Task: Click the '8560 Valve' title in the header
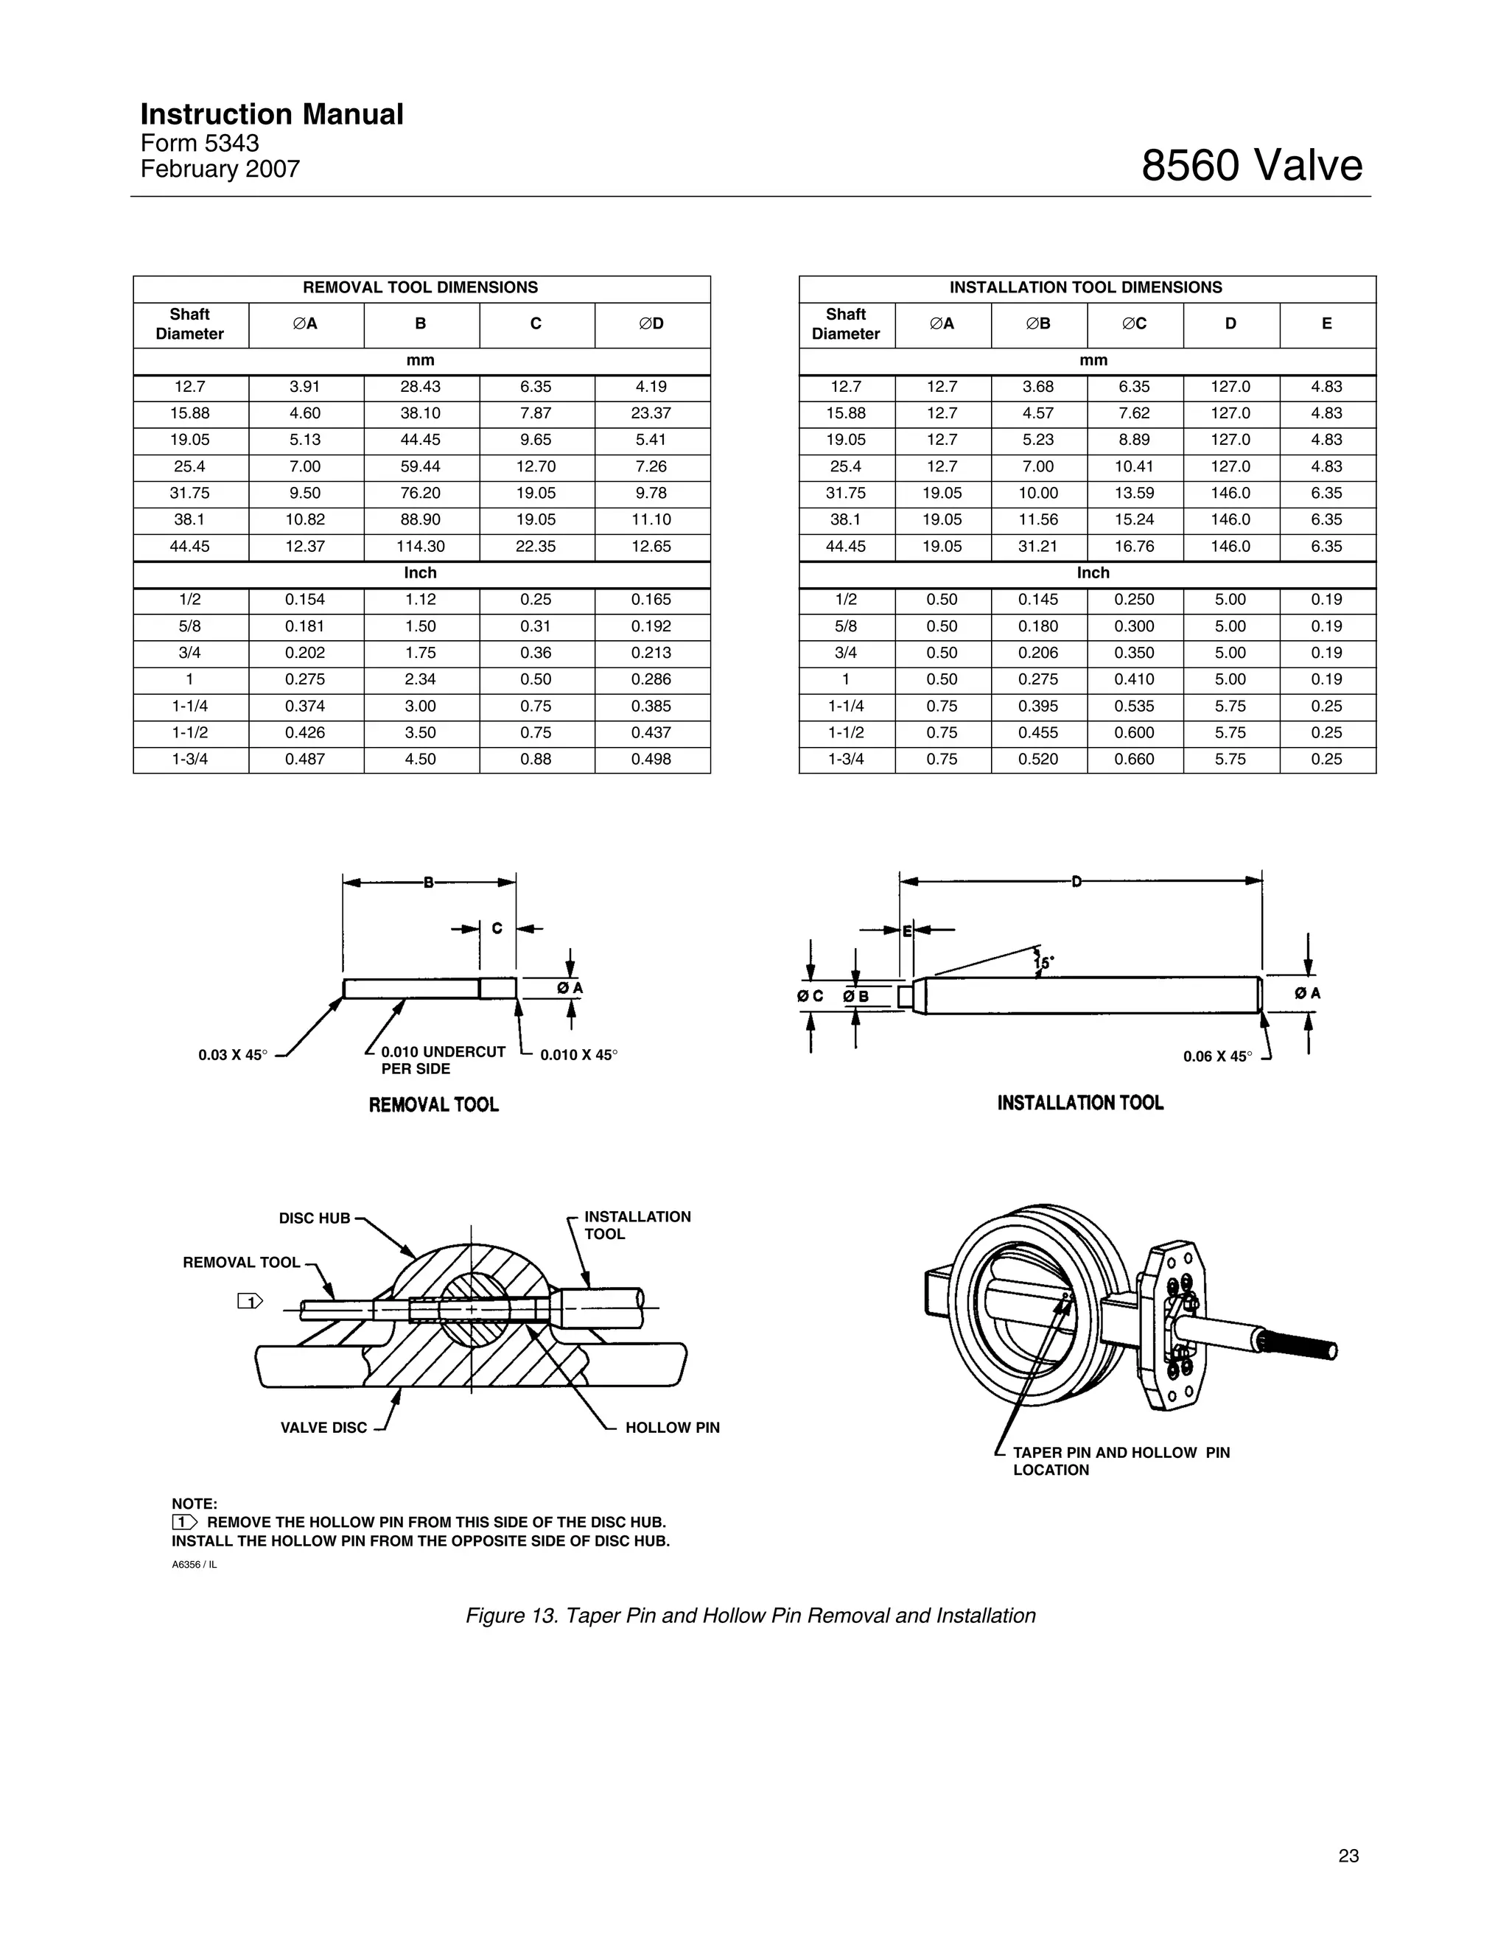click(x=1250, y=166)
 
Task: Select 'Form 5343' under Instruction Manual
click(x=200, y=143)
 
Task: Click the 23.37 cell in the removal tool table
click(x=651, y=413)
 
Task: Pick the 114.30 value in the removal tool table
click(x=421, y=547)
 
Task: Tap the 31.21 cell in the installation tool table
click(x=1037, y=547)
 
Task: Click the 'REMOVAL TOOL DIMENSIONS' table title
click(x=421, y=288)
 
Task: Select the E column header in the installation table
click(x=1326, y=323)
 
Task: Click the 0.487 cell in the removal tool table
click(x=305, y=760)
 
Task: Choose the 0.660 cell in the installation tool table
click(x=1134, y=760)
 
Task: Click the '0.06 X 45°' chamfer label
click(x=1217, y=1057)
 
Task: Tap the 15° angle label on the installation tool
click(x=1044, y=963)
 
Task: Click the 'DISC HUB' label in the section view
click(x=314, y=1219)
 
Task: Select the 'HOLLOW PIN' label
click(x=672, y=1428)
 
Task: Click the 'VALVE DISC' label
click(x=323, y=1428)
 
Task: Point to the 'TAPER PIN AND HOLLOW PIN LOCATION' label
click(x=1120, y=1461)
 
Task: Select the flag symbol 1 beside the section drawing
click(x=250, y=1301)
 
